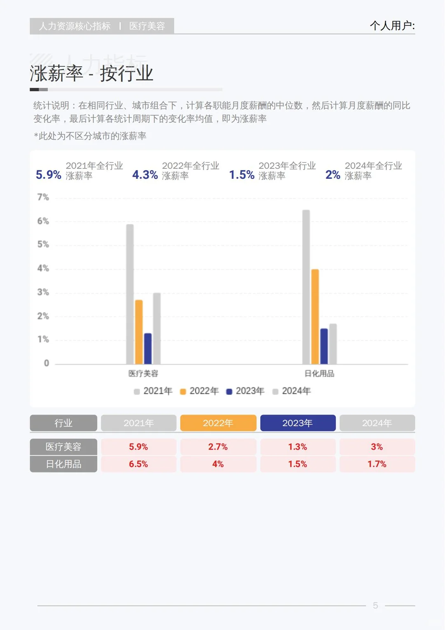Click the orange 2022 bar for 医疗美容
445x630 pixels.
139,332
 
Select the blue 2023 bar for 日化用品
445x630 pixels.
324,346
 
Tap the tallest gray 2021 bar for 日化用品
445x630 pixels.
306,287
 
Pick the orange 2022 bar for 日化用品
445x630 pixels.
315,317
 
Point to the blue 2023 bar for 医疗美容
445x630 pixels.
148,349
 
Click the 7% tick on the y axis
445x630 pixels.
43,197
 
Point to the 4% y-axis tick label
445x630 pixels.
43,268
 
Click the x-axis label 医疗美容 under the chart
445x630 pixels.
143,373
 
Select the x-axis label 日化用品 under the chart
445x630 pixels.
319,373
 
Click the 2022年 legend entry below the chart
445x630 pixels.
200,391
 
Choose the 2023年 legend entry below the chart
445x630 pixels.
246,391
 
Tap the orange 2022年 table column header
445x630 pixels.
218,423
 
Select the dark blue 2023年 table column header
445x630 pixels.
297,423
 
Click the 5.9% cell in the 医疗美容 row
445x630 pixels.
138,447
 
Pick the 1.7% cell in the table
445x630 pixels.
377,464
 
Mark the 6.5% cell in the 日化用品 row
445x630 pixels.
138,464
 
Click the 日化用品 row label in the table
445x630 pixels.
63,464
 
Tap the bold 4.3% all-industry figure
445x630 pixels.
145,175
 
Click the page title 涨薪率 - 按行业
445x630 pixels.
91,74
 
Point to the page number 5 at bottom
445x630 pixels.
375,605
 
